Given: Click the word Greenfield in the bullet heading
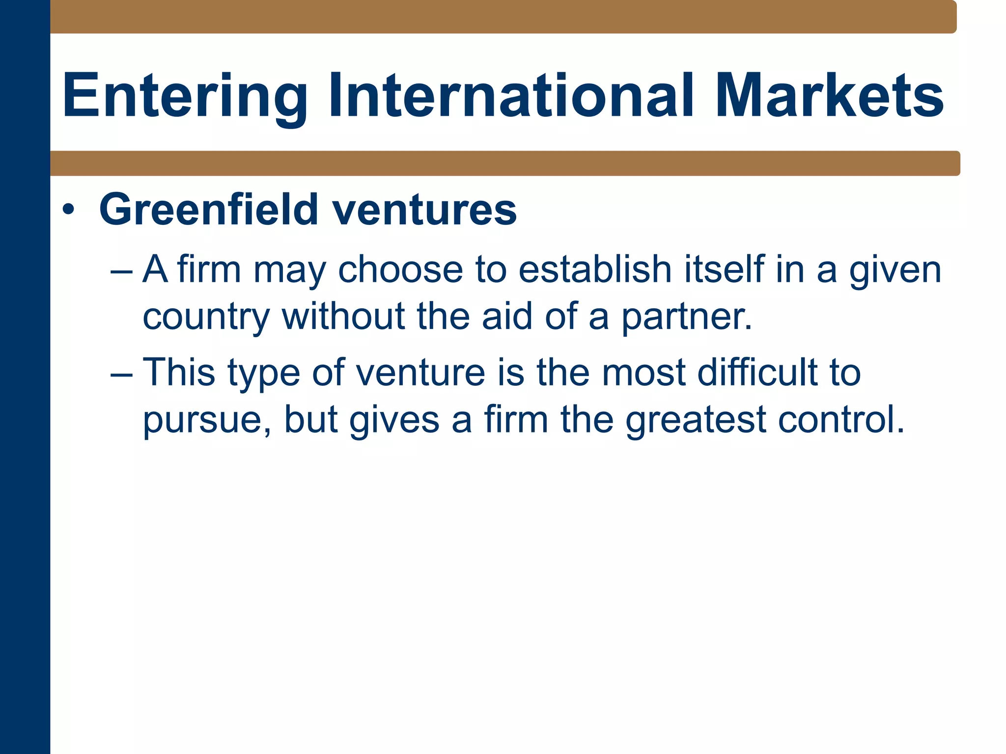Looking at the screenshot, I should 209,210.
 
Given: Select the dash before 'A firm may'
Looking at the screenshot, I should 121,270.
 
